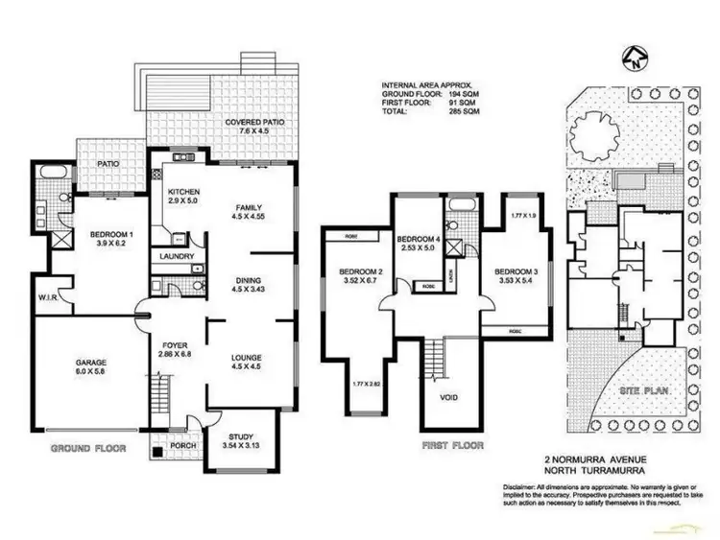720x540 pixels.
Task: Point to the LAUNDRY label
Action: pyautogui.click(x=177, y=256)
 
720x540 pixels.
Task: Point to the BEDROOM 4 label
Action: pyautogui.click(x=418, y=238)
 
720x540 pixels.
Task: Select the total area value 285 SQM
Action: pyautogui.click(x=465, y=111)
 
